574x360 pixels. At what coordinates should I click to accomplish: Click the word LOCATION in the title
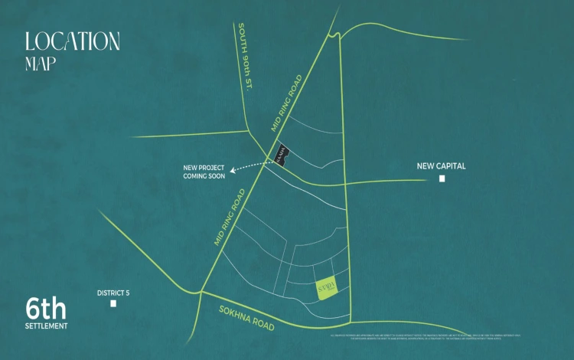72,41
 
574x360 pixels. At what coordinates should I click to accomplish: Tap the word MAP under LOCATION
41,64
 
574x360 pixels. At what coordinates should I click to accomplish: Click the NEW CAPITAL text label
441,165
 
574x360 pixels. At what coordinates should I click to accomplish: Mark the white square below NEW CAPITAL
442,179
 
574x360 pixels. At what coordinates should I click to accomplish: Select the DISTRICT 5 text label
113,293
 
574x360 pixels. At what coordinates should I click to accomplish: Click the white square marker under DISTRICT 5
113,304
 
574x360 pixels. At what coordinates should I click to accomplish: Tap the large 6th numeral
46,309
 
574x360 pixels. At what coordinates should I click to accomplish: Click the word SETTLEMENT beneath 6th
46,326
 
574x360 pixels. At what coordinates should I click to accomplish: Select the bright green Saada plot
328,289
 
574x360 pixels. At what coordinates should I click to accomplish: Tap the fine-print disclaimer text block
425,337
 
